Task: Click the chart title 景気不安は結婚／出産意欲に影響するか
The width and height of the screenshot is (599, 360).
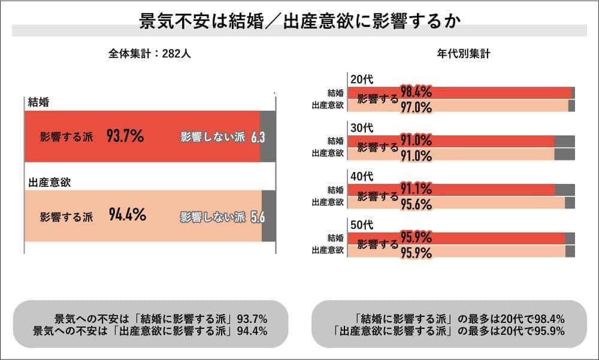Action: point(299,22)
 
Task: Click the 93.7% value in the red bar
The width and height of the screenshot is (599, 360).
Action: point(125,137)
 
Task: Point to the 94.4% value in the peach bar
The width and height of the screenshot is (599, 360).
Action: point(128,215)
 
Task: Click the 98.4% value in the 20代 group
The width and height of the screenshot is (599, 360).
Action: point(416,92)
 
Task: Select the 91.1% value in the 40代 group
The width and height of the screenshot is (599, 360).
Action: point(416,189)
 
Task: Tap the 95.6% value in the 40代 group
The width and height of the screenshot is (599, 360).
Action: point(416,204)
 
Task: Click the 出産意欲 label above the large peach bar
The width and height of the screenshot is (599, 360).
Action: point(50,182)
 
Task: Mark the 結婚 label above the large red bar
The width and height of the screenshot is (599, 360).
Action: point(38,102)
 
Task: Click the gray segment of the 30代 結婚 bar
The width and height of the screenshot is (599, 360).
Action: point(564,141)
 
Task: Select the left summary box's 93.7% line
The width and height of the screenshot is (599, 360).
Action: point(161,317)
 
